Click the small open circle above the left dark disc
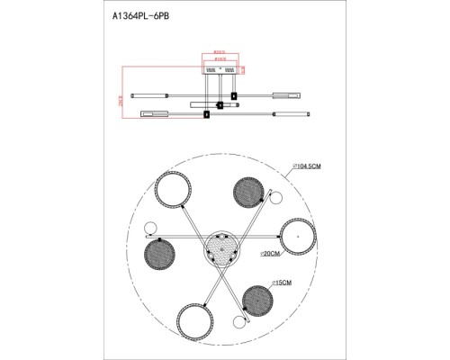tap(149, 228)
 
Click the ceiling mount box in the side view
tap(221, 68)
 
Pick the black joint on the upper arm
tap(234, 95)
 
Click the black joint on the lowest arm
tap(206, 114)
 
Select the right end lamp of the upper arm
tap(295, 93)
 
